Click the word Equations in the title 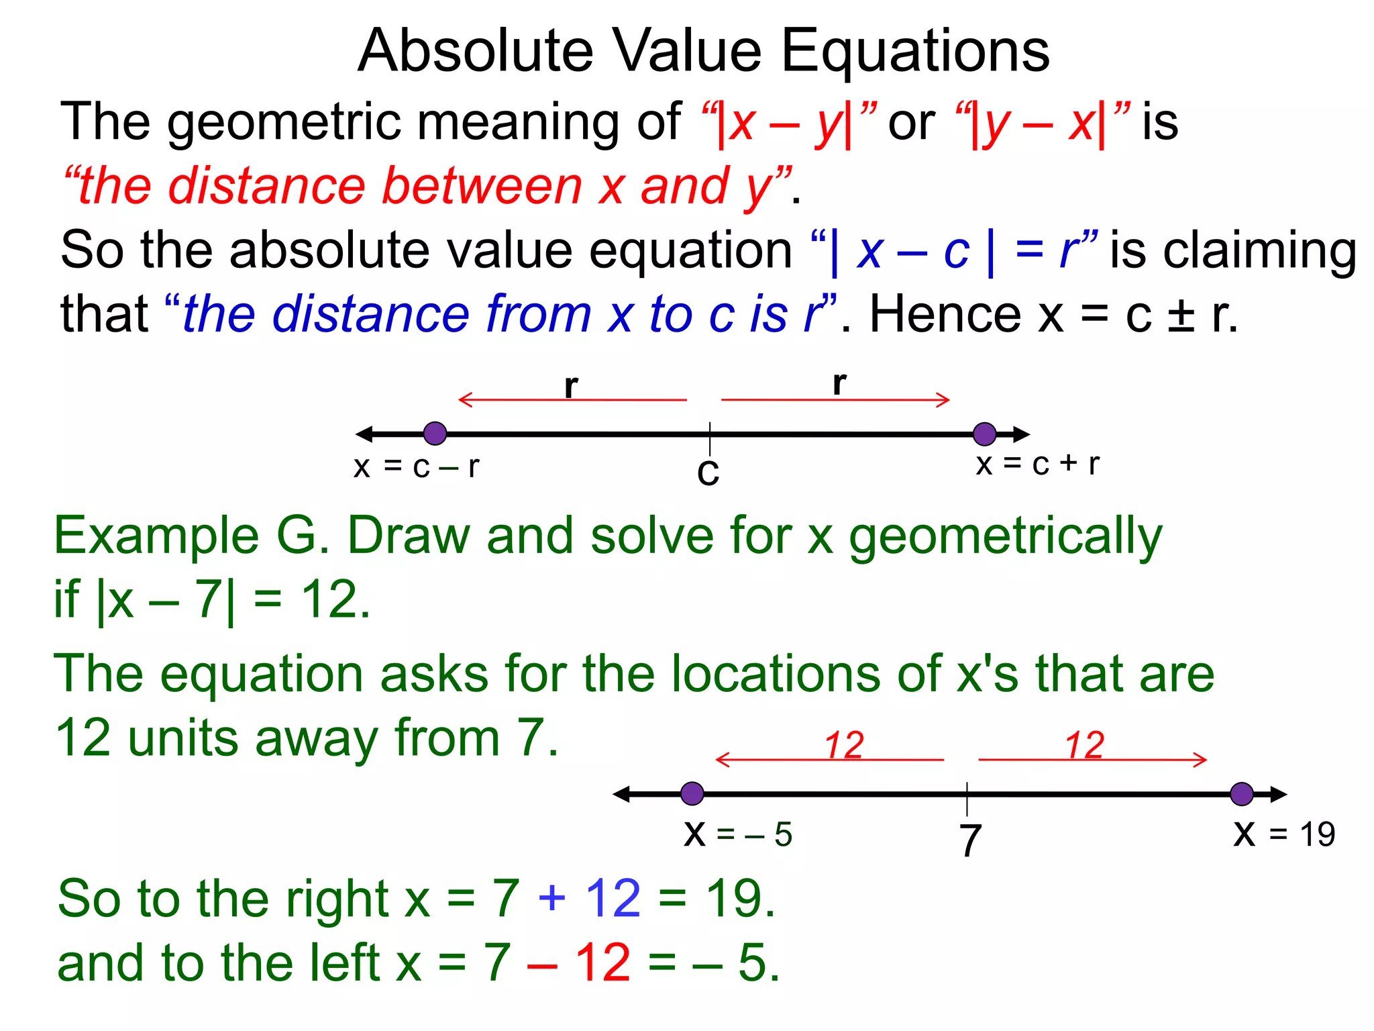915,52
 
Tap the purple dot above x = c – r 435,434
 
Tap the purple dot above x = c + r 984,434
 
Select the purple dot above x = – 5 692,793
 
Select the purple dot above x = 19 1242,793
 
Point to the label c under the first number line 708,472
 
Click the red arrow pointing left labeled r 572,400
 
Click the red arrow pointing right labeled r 835,400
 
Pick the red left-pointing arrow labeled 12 829,760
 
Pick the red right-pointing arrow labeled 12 1092,760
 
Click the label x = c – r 417,467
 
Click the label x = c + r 1037,464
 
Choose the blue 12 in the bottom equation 613,898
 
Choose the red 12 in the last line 602,963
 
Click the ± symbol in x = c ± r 1181,314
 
